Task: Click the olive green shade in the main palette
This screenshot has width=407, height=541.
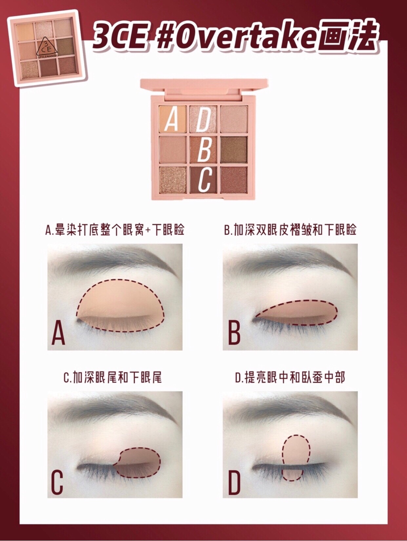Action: point(234,149)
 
